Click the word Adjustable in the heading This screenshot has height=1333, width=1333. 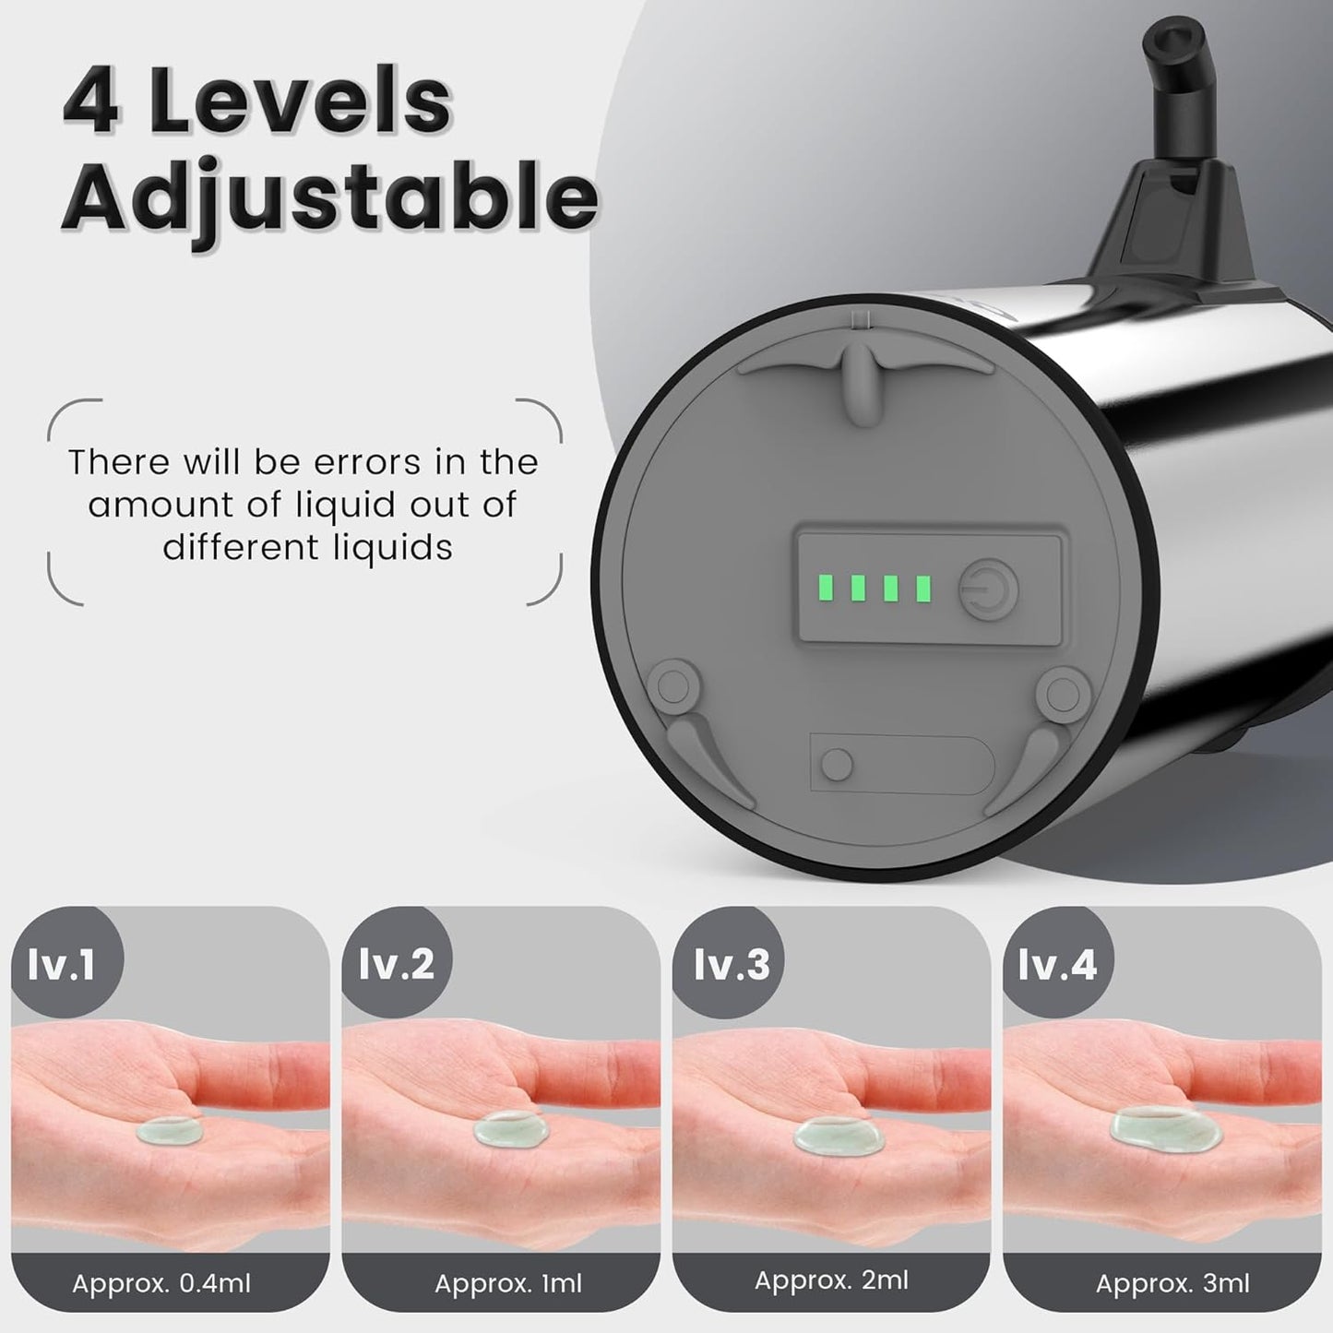click(329, 198)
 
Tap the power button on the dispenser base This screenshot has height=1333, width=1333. click(988, 589)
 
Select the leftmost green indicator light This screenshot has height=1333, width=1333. click(827, 588)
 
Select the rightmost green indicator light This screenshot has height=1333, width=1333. click(922, 589)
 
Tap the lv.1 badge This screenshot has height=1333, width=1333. click(63, 965)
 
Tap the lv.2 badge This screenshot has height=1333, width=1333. click(396, 964)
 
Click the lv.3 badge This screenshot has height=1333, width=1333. click(731, 964)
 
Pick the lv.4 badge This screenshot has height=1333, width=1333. click(1057, 965)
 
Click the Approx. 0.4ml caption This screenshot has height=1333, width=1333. click(161, 1283)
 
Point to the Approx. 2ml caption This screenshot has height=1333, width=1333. click(831, 1279)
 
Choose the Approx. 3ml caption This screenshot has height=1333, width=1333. click(1172, 1283)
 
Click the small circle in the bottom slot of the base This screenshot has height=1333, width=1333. click(837, 764)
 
